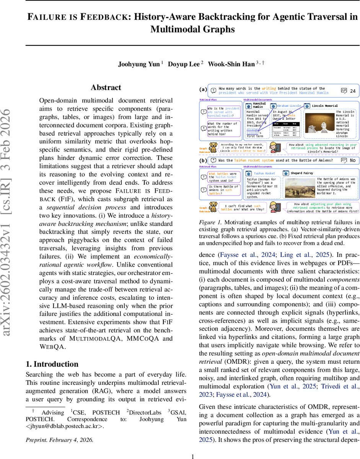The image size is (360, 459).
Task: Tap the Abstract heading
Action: pos(106,88)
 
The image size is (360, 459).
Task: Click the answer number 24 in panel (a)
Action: pos(352,91)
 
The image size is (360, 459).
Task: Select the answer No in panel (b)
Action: pos(352,160)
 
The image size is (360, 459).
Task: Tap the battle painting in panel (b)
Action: pos(299,189)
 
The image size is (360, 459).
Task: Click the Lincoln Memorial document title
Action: pos(325,105)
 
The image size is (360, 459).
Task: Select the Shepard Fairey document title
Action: pos(302,173)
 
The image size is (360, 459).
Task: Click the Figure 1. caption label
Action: pos(210,222)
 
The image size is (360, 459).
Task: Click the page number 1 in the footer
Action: pos(193,456)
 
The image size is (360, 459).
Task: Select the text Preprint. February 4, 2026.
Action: pos(59,440)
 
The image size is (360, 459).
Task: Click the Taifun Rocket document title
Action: pos(264,173)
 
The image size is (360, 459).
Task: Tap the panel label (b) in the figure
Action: pos(203,161)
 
